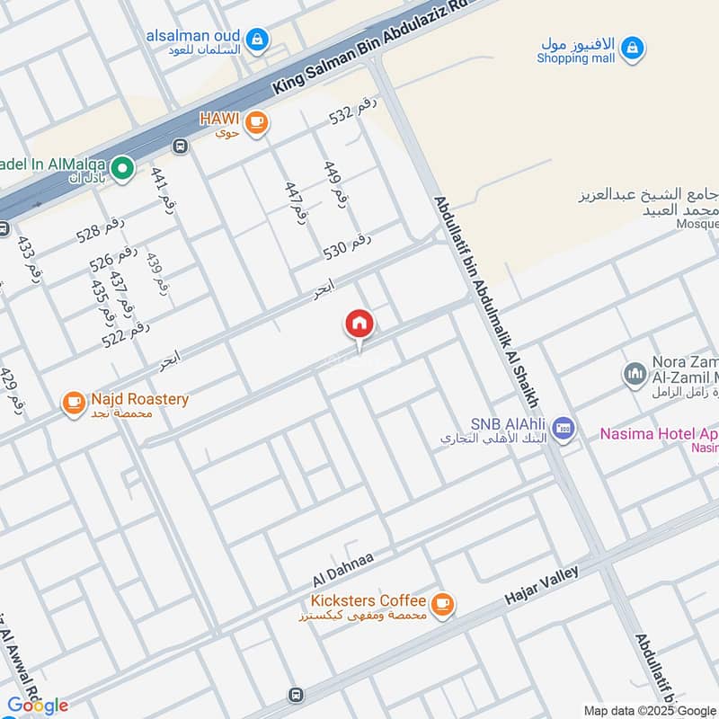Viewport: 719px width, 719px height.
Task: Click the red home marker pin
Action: click(359, 324)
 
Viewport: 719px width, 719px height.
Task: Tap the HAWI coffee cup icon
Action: click(257, 122)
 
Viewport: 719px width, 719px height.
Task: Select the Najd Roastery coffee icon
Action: click(74, 404)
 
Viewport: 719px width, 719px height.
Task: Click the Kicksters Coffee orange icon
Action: click(441, 605)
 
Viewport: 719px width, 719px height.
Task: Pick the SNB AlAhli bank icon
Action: click(564, 429)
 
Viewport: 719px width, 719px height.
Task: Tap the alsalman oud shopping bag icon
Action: click(258, 39)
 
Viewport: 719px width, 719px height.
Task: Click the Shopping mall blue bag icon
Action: click(632, 47)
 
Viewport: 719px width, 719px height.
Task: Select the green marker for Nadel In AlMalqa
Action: click(122, 167)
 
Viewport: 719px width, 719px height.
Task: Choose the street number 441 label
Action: click(162, 188)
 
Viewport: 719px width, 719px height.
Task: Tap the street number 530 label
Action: click(347, 244)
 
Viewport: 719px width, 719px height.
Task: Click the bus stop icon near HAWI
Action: click(181, 146)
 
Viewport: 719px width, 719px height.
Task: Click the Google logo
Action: click(38, 705)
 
